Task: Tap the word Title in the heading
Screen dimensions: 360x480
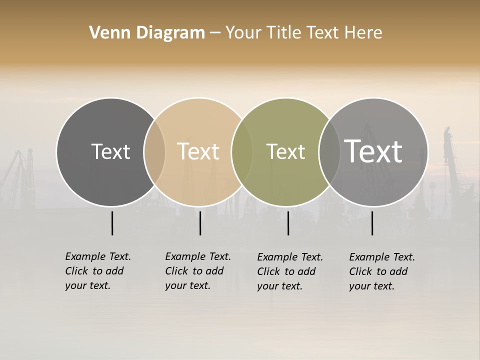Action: (285, 33)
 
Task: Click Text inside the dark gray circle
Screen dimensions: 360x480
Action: (110, 151)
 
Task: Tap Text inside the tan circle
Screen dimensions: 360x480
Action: (198, 151)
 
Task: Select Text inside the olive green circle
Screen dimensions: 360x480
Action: (286, 151)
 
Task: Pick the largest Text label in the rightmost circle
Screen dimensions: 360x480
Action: (373, 151)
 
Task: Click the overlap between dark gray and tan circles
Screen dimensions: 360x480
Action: (154, 151)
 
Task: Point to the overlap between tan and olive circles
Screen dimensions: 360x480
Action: (242, 151)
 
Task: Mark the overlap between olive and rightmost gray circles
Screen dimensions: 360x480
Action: (329, 151)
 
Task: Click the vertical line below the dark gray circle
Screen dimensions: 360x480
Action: (112, 223)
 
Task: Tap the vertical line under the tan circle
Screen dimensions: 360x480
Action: (200, 223)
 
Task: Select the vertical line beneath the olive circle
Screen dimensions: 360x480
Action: (288, 223)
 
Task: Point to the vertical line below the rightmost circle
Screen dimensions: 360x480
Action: (372, 223)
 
